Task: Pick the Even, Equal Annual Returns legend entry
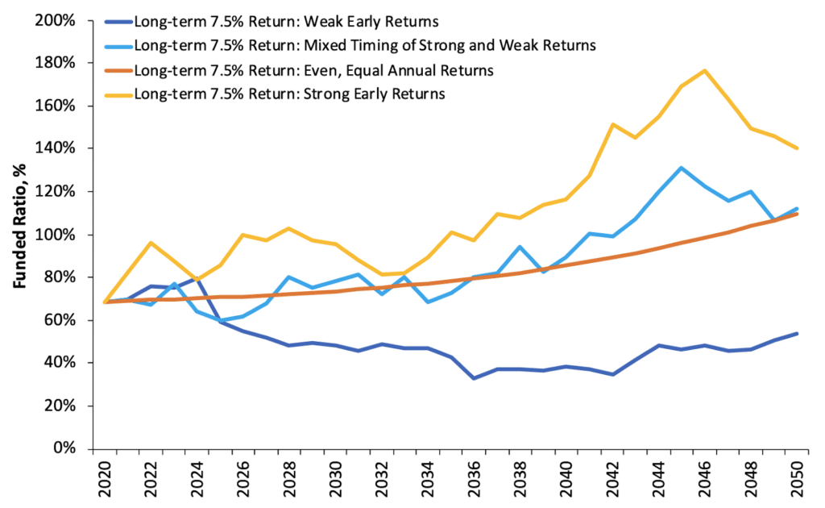(314, 69)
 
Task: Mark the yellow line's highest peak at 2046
(705, 70)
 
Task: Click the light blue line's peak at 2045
(682, 168)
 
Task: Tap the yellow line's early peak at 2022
(151, 243)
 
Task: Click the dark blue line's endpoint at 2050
(798, 333)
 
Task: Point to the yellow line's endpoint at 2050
(798, 148)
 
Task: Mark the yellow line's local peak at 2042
(611, 124)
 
